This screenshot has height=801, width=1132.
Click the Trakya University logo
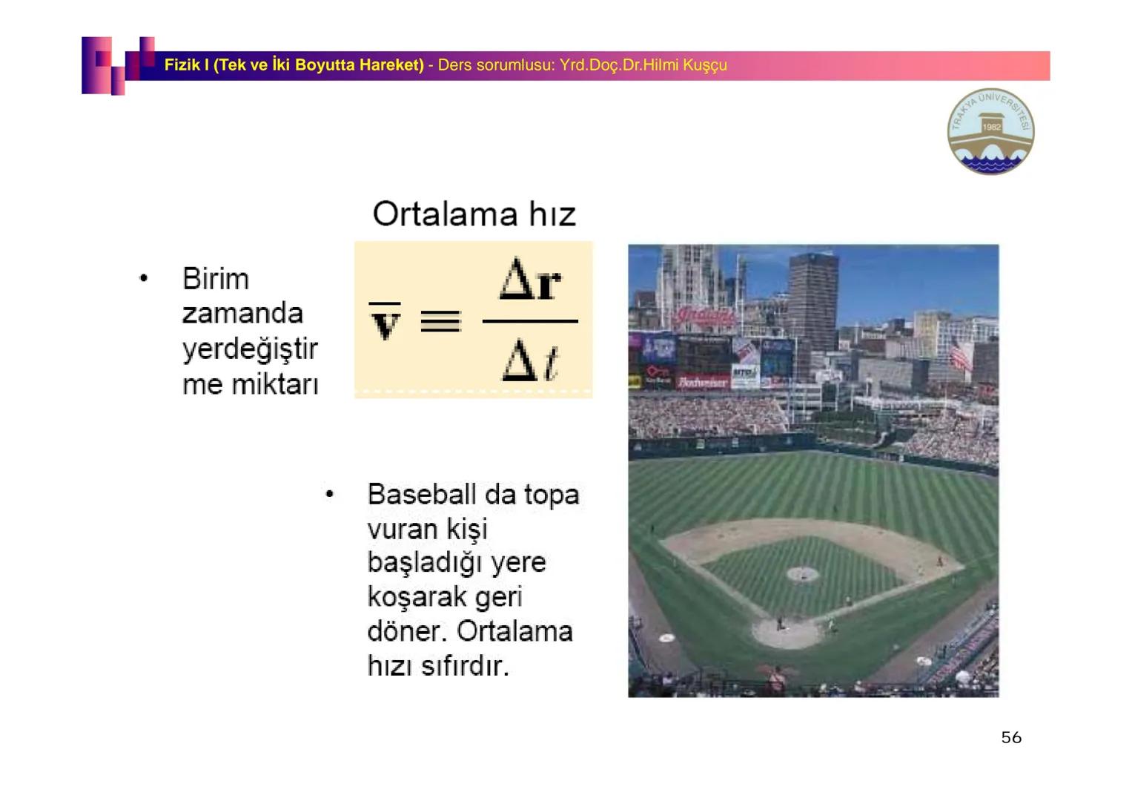click(990, 131)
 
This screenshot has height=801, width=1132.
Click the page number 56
click(1010, 737)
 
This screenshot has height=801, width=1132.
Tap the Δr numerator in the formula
click(530, 280)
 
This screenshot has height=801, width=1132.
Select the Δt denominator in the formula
click(530, 363)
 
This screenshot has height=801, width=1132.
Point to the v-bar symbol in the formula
click(385, 321)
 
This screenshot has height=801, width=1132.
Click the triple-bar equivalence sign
click(440, 321)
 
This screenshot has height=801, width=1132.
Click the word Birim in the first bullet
click(216, 280)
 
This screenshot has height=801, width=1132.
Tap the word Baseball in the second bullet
click(421, 494)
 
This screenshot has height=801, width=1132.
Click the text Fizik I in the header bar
click(186, 65)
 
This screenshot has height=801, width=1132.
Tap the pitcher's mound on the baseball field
click(802, 573)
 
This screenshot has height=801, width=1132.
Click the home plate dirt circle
click(787, 632)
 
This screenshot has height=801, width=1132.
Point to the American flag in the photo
click(960, 355)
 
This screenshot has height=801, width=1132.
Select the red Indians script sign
click(704, 317)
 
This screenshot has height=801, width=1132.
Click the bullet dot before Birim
click(144, 279)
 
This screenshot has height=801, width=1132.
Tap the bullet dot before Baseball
click(329, 494)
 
